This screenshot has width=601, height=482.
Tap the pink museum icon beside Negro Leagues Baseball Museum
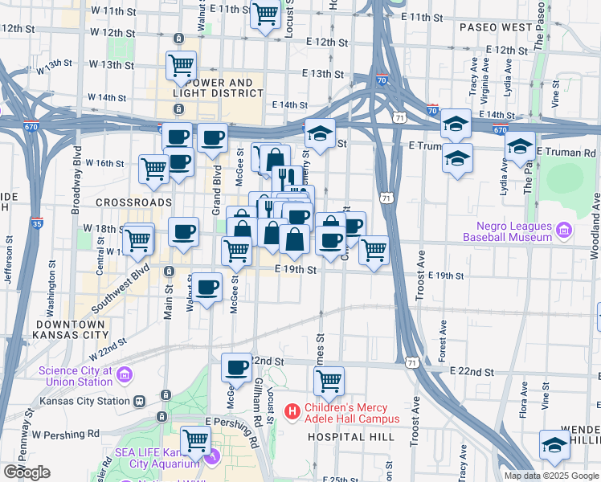[x=563, y=231]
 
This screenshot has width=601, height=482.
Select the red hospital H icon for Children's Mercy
[x=292, y=412]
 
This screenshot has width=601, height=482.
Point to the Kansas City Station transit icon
[x=139, y=401]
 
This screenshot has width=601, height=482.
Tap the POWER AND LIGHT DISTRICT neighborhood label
[x=217, y=88]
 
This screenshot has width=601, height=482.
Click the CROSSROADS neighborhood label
[x=133, y=202]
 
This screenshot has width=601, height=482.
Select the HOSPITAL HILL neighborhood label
[x=350, y=436]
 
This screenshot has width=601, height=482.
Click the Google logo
[x=27, y=472]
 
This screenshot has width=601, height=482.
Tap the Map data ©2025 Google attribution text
[x=551, y=476]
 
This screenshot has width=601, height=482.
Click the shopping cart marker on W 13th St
[x=182, y=65]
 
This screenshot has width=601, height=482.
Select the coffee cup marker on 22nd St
[x=236, y=368]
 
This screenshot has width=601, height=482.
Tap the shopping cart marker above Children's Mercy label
[x=329, y=381]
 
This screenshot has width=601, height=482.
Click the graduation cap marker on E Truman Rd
[x=520, y=147]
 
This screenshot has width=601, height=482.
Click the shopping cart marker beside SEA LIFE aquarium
[x=195, y=440]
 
